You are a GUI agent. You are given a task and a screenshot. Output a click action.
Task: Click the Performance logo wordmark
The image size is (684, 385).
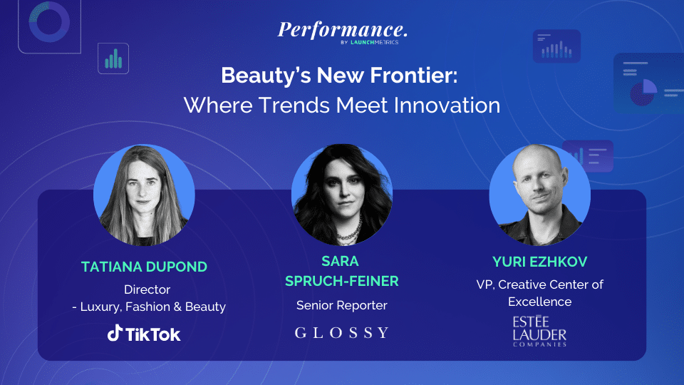(x=343, y=30)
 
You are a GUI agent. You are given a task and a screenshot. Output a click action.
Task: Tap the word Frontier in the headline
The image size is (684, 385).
(x=414, y=75)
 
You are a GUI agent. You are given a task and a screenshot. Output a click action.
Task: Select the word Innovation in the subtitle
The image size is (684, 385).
(x=447, y=106)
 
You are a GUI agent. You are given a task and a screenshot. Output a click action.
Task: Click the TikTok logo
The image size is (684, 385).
(x=144, y=334)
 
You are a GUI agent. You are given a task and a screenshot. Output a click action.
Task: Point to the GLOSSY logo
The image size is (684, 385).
(x=341, y=333)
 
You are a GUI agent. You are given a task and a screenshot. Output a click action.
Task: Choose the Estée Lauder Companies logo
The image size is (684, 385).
(x=539, y=332)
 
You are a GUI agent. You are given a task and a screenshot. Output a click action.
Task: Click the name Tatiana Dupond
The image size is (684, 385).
(x=144, y=267)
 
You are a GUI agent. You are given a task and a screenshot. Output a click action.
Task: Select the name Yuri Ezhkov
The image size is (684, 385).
(x=539, y=262)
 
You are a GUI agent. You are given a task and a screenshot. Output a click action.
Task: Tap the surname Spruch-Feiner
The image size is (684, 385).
(x=341, y=281)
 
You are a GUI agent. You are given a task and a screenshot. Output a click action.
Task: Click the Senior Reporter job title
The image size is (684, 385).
(x=341, y=305)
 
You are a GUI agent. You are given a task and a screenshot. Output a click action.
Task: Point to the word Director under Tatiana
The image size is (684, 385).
(x=147, y=289)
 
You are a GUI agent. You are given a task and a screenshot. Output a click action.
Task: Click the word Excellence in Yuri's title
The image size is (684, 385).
(x=539, y=302)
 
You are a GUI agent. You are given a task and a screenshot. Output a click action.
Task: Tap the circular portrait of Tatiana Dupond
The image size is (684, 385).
(x=144, y=195)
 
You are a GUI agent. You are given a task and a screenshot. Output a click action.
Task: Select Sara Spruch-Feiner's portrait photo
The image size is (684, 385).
(x=342, y=195)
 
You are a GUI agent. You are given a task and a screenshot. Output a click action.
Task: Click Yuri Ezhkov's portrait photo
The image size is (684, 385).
(x=539, y=195)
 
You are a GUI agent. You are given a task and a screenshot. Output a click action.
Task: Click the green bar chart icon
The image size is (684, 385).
(x=113, y=59)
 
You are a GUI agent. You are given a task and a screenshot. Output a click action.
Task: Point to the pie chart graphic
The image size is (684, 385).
(x=643, y=92)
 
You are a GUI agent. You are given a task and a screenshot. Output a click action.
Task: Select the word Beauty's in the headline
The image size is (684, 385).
(x=266, y=76)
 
